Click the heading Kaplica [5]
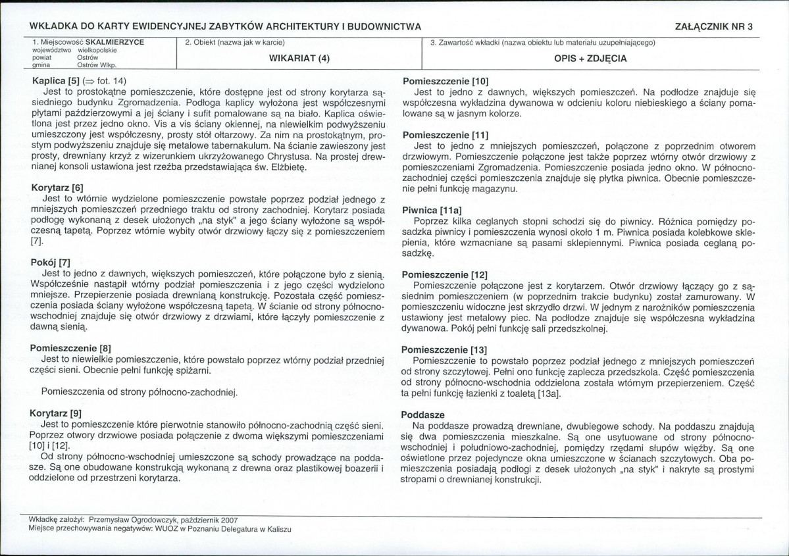[55, 81]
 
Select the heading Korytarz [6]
[57, 188]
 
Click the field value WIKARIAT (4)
[299, 58]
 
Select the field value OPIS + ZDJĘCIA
[590, 58]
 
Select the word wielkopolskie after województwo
[97, 50]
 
